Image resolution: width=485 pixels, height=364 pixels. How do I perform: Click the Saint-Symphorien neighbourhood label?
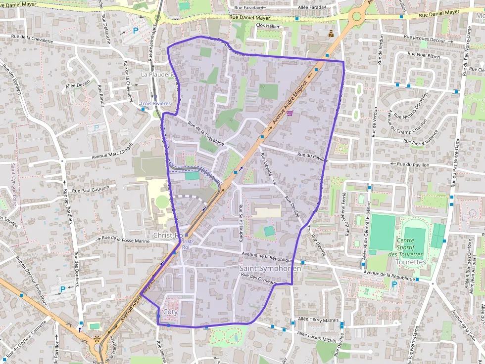(x=270, y=268)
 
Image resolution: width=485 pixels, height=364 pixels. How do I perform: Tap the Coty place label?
(x=170, y=312)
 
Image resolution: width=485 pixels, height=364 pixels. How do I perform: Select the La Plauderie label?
(x=158, y=75)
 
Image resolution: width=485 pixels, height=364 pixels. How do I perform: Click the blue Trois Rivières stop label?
(x=155, y=104)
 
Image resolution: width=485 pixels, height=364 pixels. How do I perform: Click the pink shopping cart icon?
(x=290, y=113)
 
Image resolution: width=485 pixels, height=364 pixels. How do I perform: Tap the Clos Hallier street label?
(x=268, y=25)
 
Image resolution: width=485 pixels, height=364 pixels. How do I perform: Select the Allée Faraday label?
(x=312, y=7)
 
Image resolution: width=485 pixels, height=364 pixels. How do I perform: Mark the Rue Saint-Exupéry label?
(x=241, y=222)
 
